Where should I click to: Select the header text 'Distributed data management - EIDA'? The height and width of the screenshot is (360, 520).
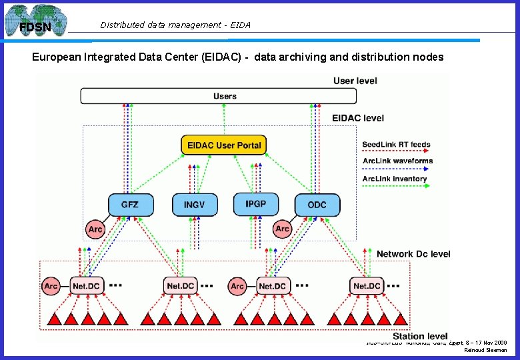175,25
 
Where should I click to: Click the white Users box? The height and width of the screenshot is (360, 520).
225,96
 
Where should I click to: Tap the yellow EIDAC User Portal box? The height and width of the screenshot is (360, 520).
224,145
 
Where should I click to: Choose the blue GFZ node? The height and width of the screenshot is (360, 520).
130,204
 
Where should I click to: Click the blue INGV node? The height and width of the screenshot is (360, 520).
195,205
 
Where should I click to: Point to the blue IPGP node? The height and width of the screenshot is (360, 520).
255,203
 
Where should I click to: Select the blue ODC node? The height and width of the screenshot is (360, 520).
317,205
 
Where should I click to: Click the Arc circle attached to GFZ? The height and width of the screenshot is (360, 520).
95,229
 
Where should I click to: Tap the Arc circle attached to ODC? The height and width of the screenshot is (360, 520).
283,229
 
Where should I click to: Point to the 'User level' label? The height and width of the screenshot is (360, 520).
355,81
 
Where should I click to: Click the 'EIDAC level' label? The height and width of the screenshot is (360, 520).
358,118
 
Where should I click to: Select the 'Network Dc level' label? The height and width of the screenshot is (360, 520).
413,254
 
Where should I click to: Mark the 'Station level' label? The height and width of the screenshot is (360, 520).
420,336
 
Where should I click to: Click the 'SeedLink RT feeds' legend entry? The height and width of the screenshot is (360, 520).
396,145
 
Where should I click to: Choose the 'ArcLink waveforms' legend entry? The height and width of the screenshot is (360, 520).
397,161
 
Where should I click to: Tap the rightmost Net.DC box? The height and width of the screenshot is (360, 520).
366,286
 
